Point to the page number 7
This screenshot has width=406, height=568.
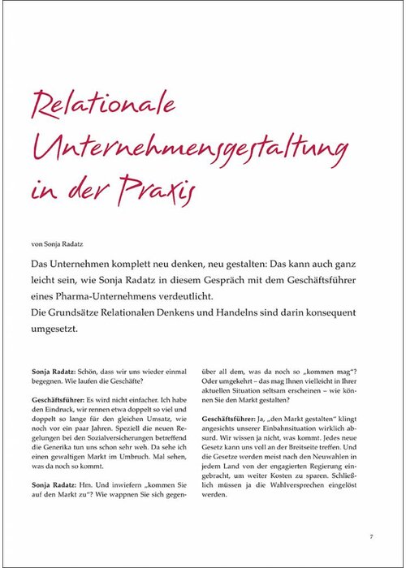point(371,536)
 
